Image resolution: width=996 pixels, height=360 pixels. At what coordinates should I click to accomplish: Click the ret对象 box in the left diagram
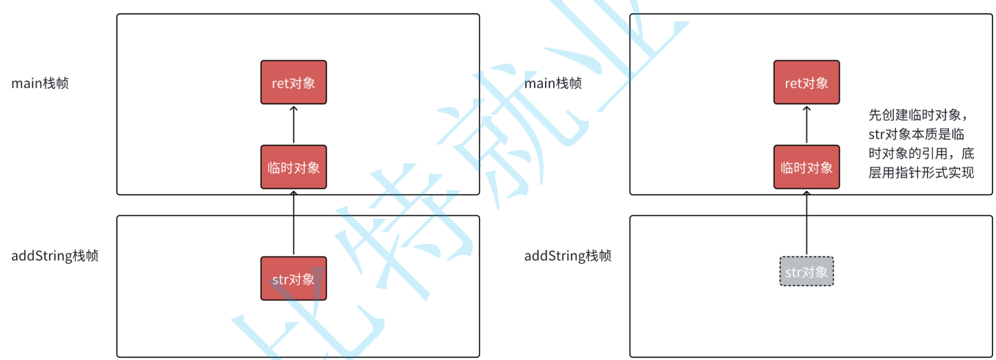tap(293, 82)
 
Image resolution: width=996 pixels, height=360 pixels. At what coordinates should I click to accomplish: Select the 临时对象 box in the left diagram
tap(293, 168)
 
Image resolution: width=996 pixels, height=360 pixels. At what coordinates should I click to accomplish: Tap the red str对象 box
tap(293, 278)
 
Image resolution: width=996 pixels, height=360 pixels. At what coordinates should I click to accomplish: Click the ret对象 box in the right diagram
tap(806, 82)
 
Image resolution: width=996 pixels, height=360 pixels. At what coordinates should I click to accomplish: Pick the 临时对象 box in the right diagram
tap(806, 168)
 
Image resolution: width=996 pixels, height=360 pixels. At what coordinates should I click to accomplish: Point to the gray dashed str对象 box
tap(806, 272)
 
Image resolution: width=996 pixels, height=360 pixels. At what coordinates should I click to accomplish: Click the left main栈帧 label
tap(40, 83)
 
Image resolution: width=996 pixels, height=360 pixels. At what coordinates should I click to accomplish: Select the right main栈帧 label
tap(552, 83)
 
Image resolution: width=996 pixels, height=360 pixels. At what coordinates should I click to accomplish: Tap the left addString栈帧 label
tap(54, 256)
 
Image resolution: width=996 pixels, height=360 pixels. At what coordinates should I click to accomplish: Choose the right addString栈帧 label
tap(567, 256)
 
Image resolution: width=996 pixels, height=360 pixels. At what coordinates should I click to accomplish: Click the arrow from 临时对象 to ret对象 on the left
tap(293, 125)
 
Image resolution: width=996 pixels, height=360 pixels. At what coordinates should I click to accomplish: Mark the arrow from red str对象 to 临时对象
tap(293, 224)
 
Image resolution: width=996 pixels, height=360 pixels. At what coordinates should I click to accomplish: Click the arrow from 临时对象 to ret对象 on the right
tap(806, 125)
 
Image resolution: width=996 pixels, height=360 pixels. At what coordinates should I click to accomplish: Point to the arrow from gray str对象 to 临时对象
tap(806, 224)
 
